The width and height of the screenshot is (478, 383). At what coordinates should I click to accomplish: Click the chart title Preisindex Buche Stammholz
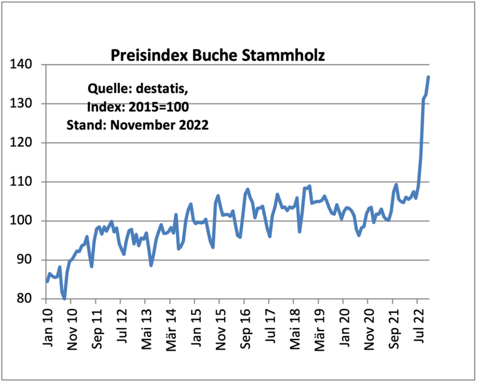click(x=217, y=56)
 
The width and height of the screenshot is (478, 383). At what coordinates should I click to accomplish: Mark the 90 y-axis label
click(x=29, y=260)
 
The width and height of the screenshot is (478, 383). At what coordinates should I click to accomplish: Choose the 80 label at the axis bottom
click(x=29, y=299)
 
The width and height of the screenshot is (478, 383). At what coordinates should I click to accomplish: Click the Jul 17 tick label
click(x=269, y=326)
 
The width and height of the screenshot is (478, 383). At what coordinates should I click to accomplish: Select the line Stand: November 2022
click(x=137, y=125)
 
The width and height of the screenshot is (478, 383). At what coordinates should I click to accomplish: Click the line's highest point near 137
click(x=428, y=77)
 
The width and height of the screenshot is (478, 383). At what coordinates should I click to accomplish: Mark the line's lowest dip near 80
click(x=64, y=298)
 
